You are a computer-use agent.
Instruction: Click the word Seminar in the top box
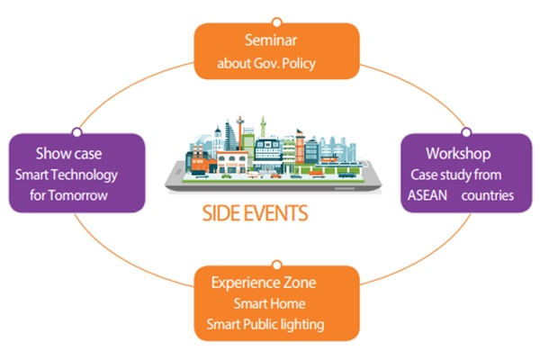coord(276,41)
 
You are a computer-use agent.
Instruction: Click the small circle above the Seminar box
coord(276,22)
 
